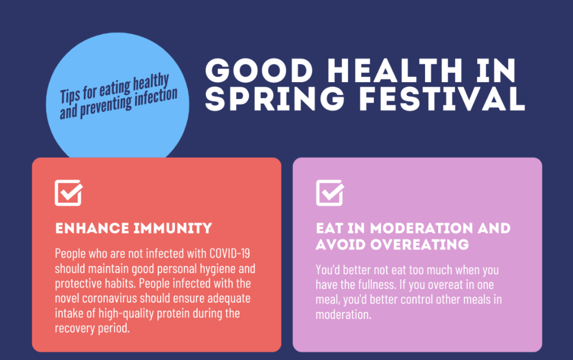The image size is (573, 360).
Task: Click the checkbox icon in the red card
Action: tap(68, 193)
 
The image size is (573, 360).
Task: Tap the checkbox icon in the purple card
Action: tap(330, 193)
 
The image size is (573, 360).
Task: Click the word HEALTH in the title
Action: tap(367, 71)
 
